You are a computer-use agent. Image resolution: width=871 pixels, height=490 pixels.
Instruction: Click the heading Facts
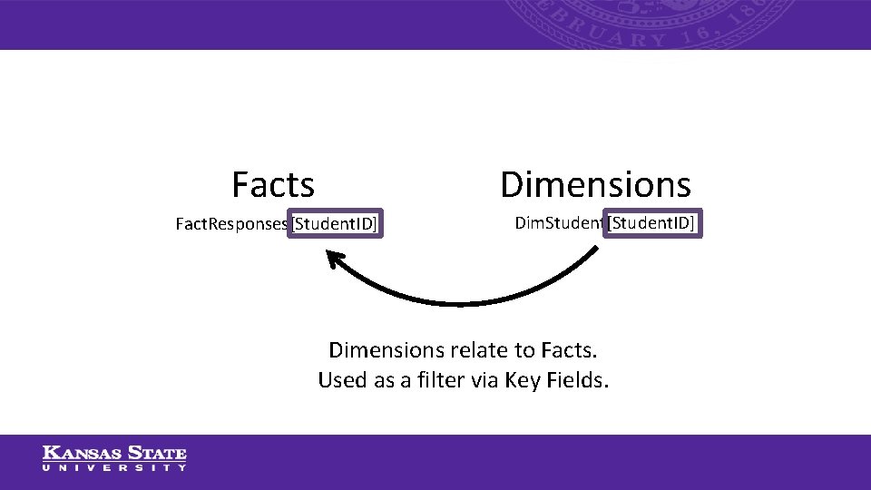pos(273,184)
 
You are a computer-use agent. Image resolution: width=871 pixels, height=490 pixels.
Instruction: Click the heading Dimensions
pos(595,184)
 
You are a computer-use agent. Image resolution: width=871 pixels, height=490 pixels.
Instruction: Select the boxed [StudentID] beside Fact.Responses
pos(335,224)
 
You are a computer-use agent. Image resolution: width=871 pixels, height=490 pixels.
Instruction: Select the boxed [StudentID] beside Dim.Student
pos(653,222)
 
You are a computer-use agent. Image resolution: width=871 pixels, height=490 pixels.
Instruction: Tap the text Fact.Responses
pos(231,224)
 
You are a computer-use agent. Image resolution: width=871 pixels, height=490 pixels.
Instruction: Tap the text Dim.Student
pos(558,222)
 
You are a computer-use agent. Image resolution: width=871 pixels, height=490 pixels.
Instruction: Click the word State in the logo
pos(156,453)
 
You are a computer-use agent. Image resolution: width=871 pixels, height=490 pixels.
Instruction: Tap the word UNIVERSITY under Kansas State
pos(114,467)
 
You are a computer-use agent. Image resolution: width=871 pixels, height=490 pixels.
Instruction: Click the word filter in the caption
pos(438,380)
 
